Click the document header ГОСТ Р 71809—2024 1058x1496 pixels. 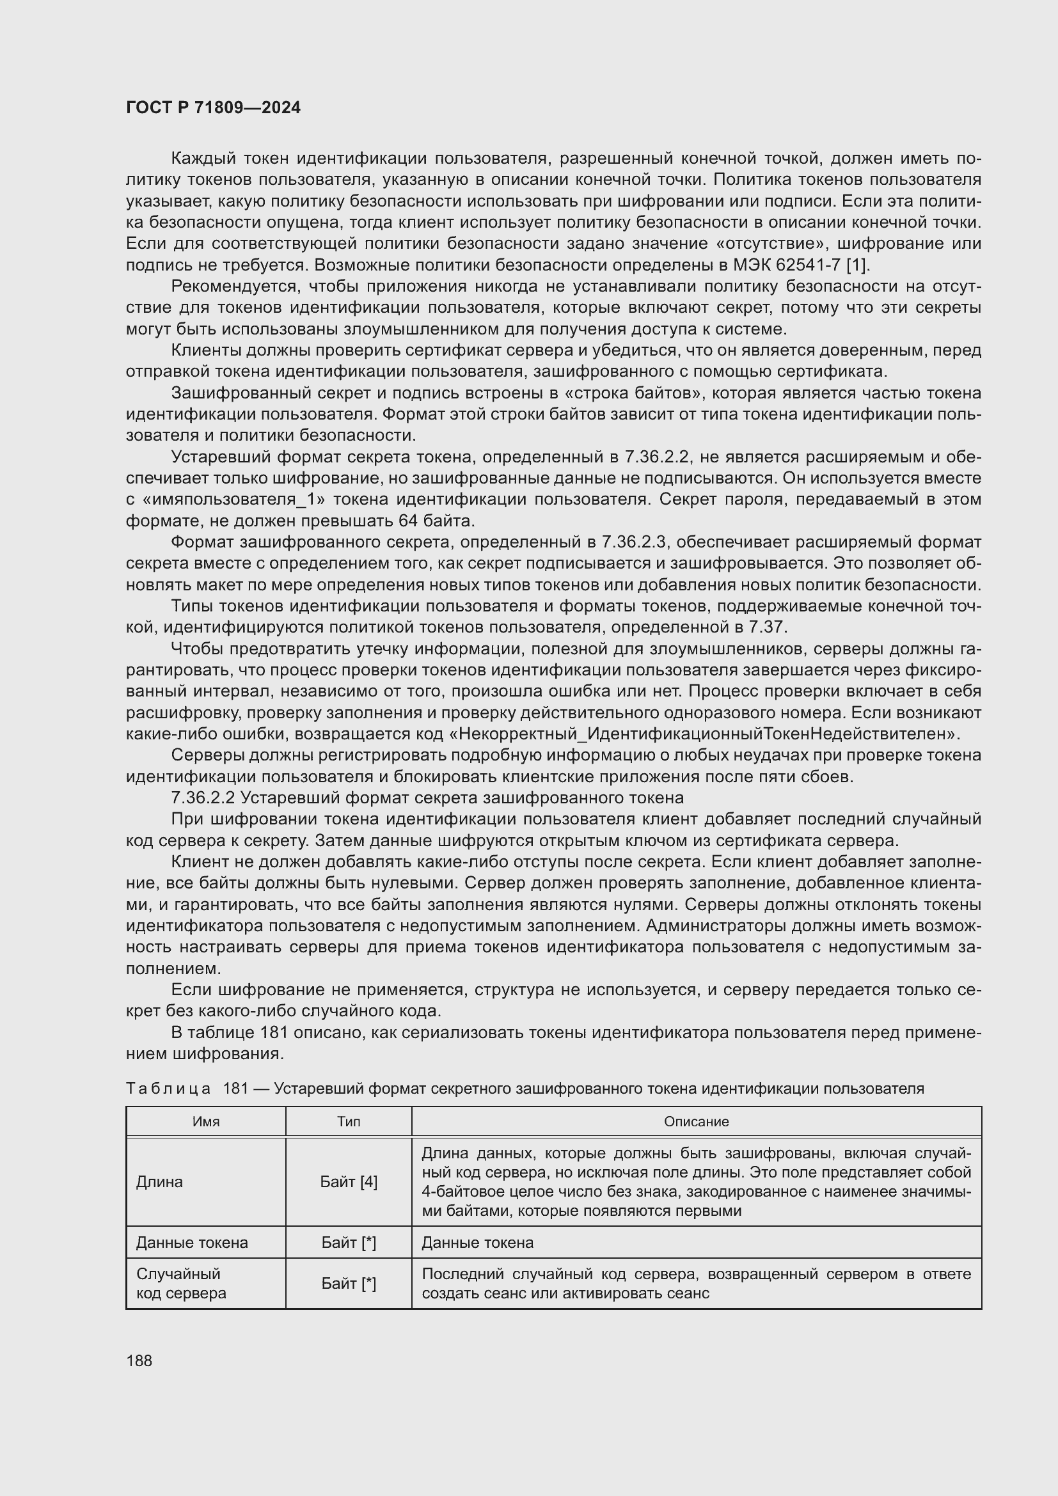213,108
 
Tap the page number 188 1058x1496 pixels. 139,1360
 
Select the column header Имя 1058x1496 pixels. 206,1121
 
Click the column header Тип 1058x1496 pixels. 349,1121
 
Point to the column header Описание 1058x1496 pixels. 696,1121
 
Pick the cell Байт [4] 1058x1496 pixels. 349,1182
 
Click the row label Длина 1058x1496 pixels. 160,1182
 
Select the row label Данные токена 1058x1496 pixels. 191,1243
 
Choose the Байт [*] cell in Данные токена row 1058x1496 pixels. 349,1243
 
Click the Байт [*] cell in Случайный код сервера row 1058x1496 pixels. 349,1284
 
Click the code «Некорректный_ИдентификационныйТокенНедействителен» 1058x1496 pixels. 704,734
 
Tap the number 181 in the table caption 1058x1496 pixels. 235,1089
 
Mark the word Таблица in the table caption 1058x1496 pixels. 168,1089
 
